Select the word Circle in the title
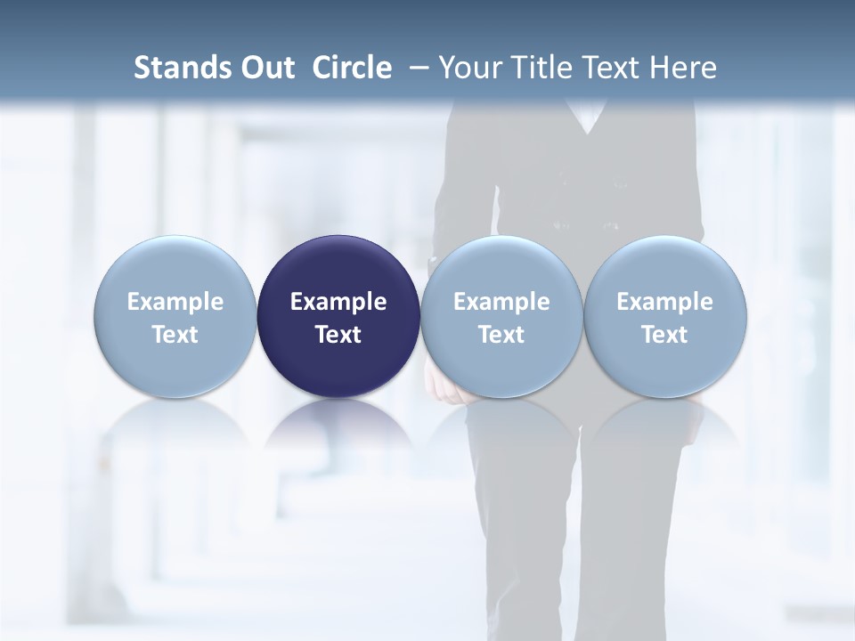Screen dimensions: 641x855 352,68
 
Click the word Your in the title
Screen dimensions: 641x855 468,68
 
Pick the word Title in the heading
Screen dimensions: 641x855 537,68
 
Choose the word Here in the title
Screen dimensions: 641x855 683,68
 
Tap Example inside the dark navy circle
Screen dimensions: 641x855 338,302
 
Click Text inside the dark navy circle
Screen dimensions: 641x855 338,335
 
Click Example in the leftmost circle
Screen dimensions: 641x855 175,302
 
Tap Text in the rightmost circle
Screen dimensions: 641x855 665,335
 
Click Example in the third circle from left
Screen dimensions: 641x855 501,302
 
